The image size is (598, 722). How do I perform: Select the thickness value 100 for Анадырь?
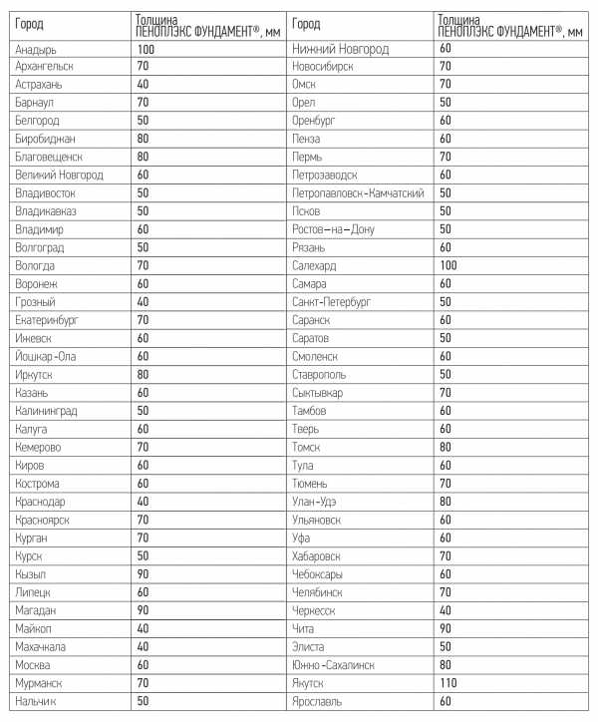146,48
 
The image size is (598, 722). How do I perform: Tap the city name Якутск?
312,683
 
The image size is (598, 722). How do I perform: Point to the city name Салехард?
317,265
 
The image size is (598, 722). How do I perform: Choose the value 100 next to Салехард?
448,265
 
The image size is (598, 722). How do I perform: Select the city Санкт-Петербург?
332,301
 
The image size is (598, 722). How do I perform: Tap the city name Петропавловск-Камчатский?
359,192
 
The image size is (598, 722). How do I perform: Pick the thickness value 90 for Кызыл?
144,573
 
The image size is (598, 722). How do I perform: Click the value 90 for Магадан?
144,609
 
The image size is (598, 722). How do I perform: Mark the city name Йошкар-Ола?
46,356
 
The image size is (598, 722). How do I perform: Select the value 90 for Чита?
445,628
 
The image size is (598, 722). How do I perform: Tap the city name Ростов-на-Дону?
333,228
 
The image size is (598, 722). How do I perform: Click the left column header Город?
30,24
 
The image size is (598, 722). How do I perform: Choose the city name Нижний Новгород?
341,48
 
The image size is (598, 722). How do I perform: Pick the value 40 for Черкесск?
445,609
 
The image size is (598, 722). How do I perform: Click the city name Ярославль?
318,701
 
